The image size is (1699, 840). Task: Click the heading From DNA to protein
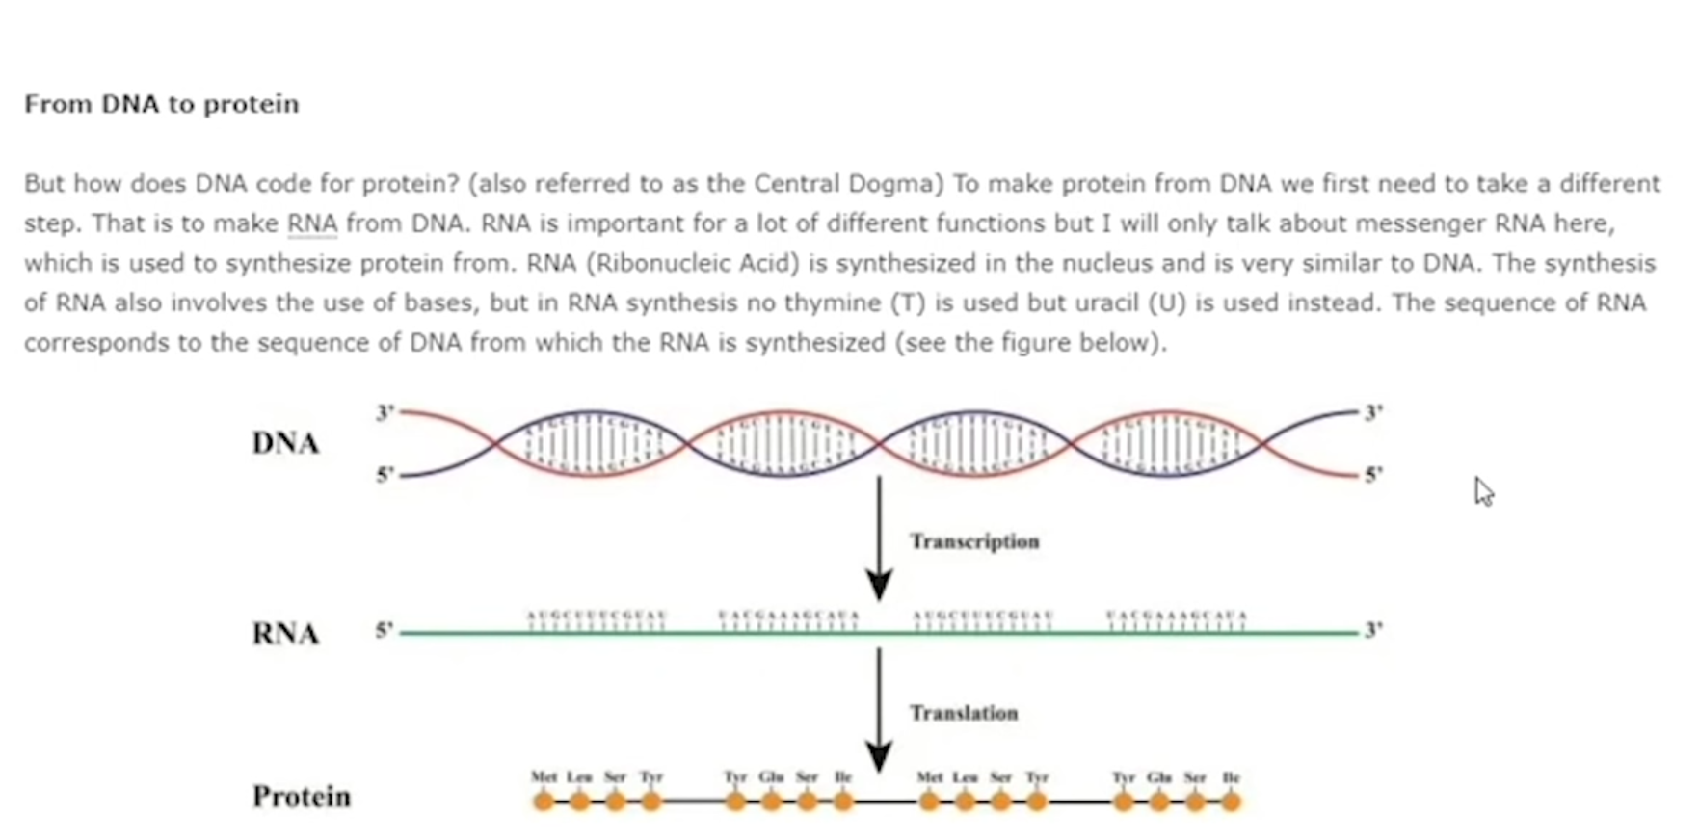pyautogui.click(x=161, y=104)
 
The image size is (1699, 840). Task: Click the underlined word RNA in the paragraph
pyautogui.click(x=312, y=223)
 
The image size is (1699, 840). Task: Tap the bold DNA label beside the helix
pyautogui.click(x=285, y=443)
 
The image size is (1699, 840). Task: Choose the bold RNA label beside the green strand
pyautogui.click(x=285, y=634)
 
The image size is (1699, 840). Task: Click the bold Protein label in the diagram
pyautogui.click(x=302, y=797)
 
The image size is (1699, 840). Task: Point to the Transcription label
pyautogui.click(x=974, y=541)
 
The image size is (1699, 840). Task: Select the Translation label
pyautogui.click(x=964, y=713)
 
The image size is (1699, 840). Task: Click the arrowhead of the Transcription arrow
pyautogui.click(x=879, y=586)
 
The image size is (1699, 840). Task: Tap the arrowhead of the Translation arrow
pyautogui.click(x=879, y=756)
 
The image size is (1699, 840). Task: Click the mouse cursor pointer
pyautogui.click(x=1483, y=491)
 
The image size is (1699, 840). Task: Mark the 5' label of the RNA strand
pyautogui.click(x=385, y=630)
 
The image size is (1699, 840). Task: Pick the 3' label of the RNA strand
pyautogui.click(x=1373, y=630)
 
